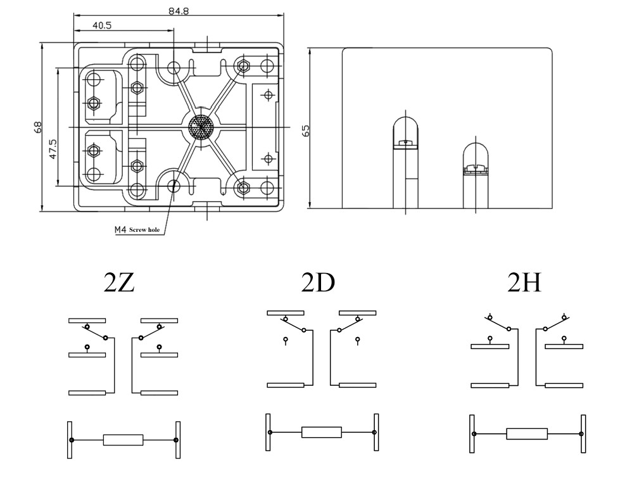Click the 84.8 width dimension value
tap(178, 11)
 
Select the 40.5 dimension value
tap(102, 25)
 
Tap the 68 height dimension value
tap(38, 127)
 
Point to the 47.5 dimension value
tap(53, 149)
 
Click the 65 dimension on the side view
tap(306, 131)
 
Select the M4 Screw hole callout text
tap(137, 230)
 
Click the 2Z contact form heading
tap(119, 283)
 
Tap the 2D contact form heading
tap(318, 283)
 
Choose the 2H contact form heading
tap(524, 283)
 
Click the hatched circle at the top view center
tap(201, 127)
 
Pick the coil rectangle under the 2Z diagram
tap(123, 440)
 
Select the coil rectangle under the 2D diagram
tap(322, 432)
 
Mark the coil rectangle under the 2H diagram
tap(527, 433)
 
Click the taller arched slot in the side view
tap(406, 163)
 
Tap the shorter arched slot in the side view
tap(476, 175)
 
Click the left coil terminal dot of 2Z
tap(72, 440)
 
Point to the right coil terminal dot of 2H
tap(581, 433)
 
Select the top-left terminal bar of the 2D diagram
tap(286, 313)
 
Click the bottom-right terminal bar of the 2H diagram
tap(564, 386)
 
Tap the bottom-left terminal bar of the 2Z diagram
tap(87, 393)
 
